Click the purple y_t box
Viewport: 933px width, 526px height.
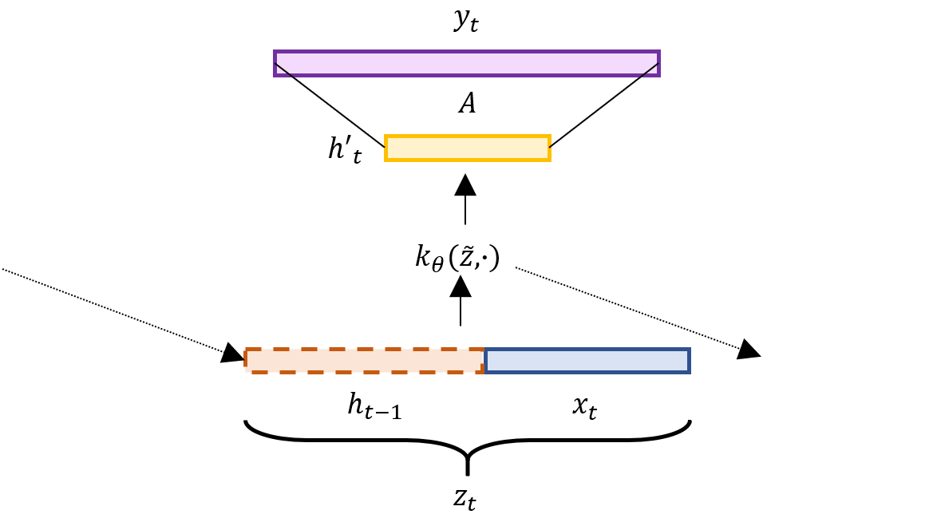(467, 63)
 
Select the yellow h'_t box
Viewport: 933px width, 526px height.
(467, 148)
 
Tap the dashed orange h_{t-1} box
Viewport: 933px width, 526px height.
(365, 361)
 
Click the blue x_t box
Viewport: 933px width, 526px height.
(587, 361)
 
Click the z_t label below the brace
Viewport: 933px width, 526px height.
(466, 498)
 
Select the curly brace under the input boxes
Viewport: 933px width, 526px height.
(467, 443)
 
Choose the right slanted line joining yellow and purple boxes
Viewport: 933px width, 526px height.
(604, 105)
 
